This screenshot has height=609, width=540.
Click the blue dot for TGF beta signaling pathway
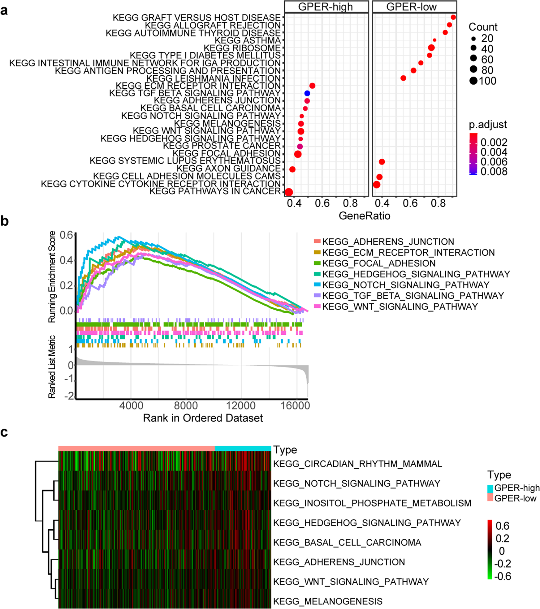307,93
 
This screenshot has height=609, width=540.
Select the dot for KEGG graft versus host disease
453,17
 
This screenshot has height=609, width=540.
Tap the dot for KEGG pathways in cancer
288,192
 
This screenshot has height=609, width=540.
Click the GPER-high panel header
326,7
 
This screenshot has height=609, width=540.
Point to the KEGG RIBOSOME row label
242,48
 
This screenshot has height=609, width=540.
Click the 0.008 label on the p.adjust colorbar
494,171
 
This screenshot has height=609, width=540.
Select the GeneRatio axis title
364,216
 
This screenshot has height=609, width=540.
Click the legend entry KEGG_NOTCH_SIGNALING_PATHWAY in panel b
405,285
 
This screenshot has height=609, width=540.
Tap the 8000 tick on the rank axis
186,405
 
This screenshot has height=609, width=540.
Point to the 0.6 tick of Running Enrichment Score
66,235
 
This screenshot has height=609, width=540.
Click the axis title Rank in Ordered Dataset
203,418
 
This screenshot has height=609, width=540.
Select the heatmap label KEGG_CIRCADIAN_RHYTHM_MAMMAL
357,464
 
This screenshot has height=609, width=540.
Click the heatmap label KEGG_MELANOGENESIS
328,601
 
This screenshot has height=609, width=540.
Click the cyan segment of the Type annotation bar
243,448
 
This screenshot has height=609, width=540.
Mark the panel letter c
4,432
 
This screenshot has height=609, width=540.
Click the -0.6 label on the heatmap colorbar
503,576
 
